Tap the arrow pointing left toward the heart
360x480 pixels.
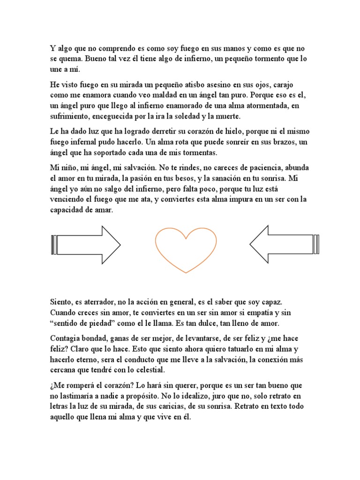click(x=284, y=245)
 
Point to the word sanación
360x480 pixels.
click(x=224, y=179)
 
